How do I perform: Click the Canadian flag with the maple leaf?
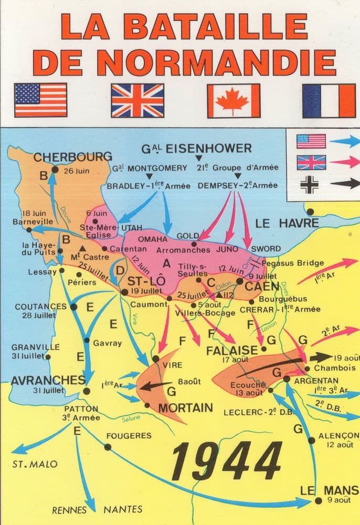(x=232, y=101)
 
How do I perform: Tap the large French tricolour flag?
(x=329, y=101)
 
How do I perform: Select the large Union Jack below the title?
(x=137, y=101)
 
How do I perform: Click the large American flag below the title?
(x=41, y=100)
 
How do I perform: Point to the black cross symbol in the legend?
(x=305, y=184)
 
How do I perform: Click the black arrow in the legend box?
(x=347, y=184)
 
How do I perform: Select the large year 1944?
(x=227, y=461)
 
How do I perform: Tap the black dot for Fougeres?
(x=108, y=447)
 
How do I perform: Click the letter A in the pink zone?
(x=167, y=263)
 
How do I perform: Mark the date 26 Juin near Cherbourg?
(x=77, y=171)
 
